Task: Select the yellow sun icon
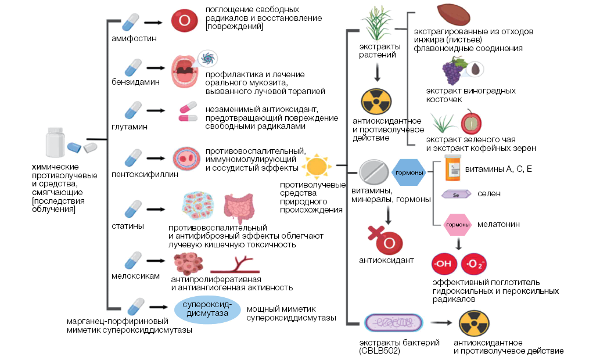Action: [318, 165]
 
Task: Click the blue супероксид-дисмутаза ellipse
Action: [207, 309]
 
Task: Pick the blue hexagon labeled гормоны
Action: [409, 172]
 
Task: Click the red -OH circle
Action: [443, 264]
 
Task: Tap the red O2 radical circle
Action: [473, 264]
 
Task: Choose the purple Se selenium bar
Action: [456, 195]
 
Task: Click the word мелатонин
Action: [498, 224]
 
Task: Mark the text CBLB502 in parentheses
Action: [379, 351]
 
